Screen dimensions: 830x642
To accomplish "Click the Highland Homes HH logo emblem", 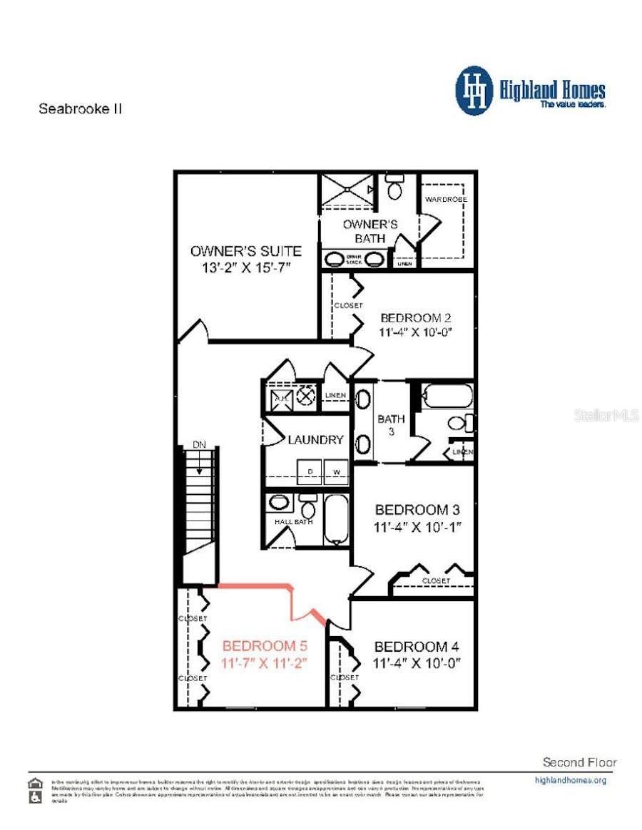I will [x=474, y=91].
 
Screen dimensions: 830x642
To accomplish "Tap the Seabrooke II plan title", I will [x=80, y=109].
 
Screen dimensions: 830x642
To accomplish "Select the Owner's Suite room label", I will [x=245, y=251].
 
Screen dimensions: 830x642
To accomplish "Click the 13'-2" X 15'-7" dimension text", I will [x=245, y=267].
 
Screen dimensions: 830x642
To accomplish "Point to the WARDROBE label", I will [x=446, y=199].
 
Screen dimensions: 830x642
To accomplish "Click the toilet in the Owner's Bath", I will [x=394, y=188].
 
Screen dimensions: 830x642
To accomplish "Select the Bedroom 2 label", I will [x=417, y=318].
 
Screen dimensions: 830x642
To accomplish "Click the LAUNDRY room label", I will [x=315, y=440].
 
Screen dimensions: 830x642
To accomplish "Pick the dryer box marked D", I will [x=310, y=471].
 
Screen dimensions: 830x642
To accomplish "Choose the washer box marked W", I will [x=336, y=471].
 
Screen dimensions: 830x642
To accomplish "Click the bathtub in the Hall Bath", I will [x=335, y=519].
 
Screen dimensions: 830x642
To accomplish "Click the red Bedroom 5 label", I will [x=265, y=646].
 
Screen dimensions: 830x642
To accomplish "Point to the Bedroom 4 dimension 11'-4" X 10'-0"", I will [x=417, y=662].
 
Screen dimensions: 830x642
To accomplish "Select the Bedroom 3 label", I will [x=417, y=510].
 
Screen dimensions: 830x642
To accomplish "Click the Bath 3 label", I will [x=391, y=424].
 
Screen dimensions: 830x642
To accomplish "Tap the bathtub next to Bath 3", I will [x=447, y=396].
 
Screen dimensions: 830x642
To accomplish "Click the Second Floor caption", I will [x=579, y=762].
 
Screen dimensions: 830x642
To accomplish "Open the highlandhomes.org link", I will [x=570, y=780].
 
